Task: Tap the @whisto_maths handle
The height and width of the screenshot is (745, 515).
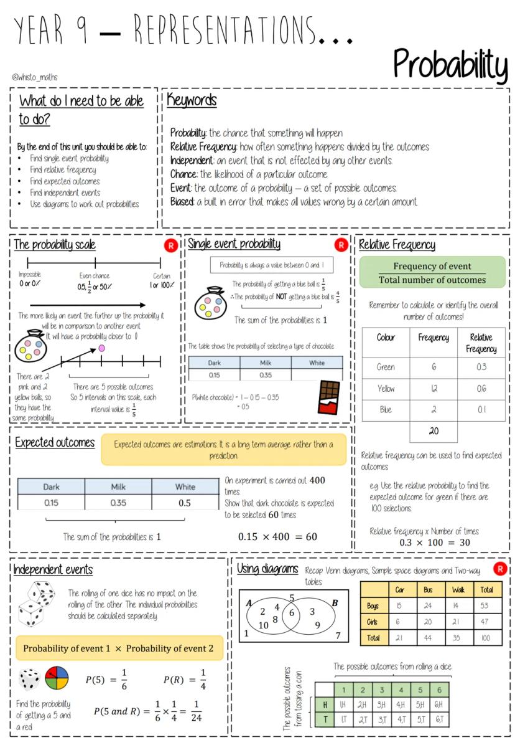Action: pos(34,78)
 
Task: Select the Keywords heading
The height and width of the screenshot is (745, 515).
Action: pos(192,101)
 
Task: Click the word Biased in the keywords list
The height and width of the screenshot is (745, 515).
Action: pos(184,202)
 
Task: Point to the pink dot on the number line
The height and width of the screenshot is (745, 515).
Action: pos(102,348)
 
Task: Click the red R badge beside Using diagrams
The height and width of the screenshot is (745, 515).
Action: pos(499,568)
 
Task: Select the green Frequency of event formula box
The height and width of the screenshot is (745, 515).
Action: pos(432,273)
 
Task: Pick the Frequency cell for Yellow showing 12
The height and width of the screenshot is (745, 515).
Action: pos(434,389)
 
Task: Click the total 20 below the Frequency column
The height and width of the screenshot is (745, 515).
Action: pos(434,431)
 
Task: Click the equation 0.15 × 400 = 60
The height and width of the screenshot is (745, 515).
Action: pos(277,536)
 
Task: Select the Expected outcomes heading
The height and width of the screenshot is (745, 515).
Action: pos(55,442)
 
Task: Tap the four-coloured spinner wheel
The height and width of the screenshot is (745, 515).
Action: pos(57,678)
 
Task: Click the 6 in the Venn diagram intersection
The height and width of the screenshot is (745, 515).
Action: pos(290,613)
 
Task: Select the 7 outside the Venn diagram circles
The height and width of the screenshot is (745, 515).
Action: pos(338,635)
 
